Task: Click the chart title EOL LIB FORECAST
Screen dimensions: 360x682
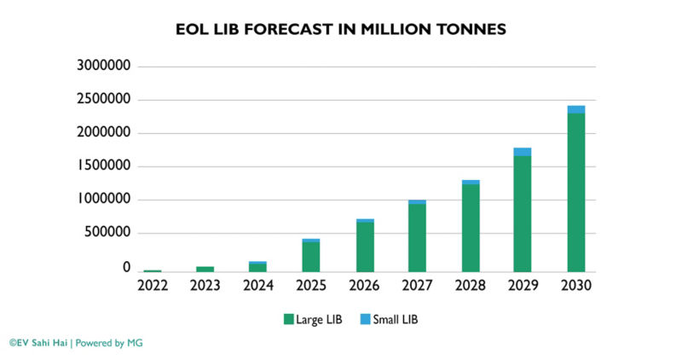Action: tap(341, 30)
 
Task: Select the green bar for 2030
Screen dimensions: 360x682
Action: tap(576, 192)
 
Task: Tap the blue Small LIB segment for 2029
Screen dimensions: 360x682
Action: tap(523, 152)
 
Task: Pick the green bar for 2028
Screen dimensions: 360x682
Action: tap(470, 228)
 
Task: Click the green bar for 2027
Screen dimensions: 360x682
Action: tap(417, 238)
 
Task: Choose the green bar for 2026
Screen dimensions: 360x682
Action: tap(365, 247)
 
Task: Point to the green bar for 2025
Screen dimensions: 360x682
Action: tap(312, 257)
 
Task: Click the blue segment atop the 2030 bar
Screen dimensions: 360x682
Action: tap(576, 109)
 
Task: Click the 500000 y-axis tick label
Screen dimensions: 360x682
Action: tap(111, 233)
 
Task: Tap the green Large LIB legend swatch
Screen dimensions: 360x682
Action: tap(288, 320)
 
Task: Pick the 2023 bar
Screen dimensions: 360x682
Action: tap(206, 269)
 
